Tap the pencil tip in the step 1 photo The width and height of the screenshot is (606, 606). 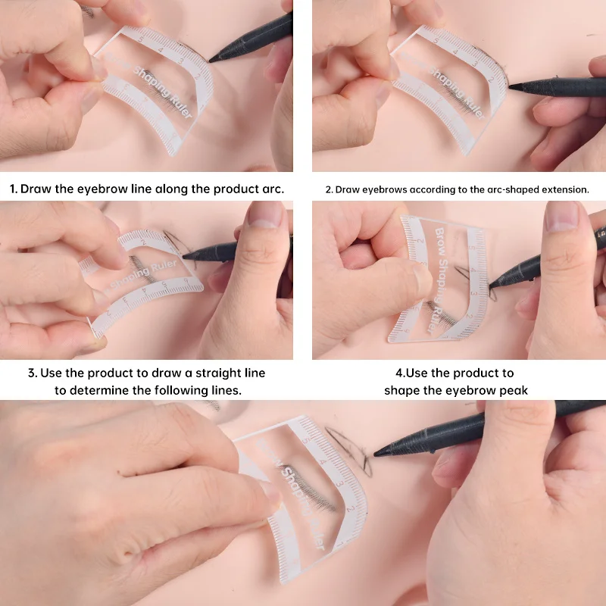[x=212, y=58]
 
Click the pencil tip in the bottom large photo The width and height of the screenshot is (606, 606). [x=376, y=452]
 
